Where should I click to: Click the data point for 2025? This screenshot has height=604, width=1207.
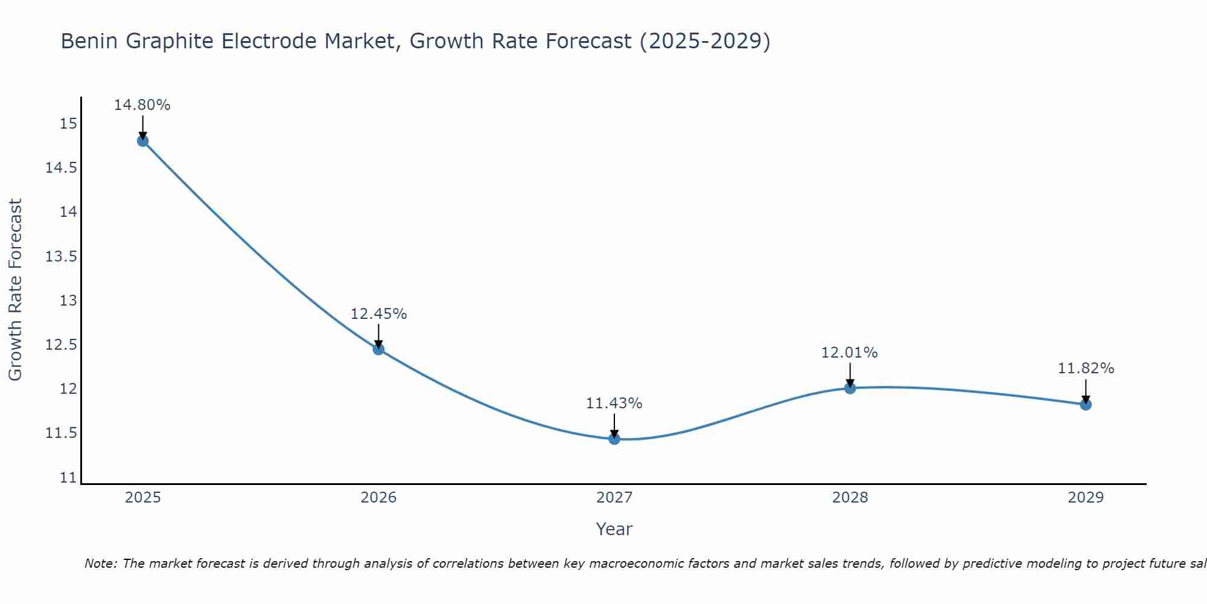(x=143, y=141)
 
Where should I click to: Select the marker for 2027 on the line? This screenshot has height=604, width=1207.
(x=614, y=439)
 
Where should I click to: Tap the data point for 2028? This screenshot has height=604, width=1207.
(x=850, y=388)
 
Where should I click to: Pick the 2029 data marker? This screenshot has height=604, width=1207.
(x=1086, y=404)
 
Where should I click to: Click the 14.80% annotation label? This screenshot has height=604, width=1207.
(x=142, y=105)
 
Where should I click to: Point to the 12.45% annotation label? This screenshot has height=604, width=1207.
(x=378, y=314)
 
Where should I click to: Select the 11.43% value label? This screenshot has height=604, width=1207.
(x=614, y=403)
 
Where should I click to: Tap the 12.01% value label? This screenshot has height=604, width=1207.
(x=849, y=353)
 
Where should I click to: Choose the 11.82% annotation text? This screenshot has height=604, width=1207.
(x=1086, y=368)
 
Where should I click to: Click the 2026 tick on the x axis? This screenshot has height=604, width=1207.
(x=378, y=498)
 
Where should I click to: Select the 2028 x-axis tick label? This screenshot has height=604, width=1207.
(x=850, y=498)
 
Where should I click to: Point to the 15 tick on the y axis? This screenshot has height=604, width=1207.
(x=69, y=124)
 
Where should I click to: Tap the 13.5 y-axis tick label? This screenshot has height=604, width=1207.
(x=62, y=257)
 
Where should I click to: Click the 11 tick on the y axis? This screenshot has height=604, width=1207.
(x=69, y=478)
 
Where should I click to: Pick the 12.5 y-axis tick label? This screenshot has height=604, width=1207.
(x=62, y=345)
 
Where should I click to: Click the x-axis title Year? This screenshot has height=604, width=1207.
(x=614, y=529)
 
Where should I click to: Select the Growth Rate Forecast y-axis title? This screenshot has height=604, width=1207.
(x=15, y=290)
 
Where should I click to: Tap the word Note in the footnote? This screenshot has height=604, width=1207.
(x=100, y=564)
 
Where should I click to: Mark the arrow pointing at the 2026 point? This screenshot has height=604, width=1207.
(x=378, y=336)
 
